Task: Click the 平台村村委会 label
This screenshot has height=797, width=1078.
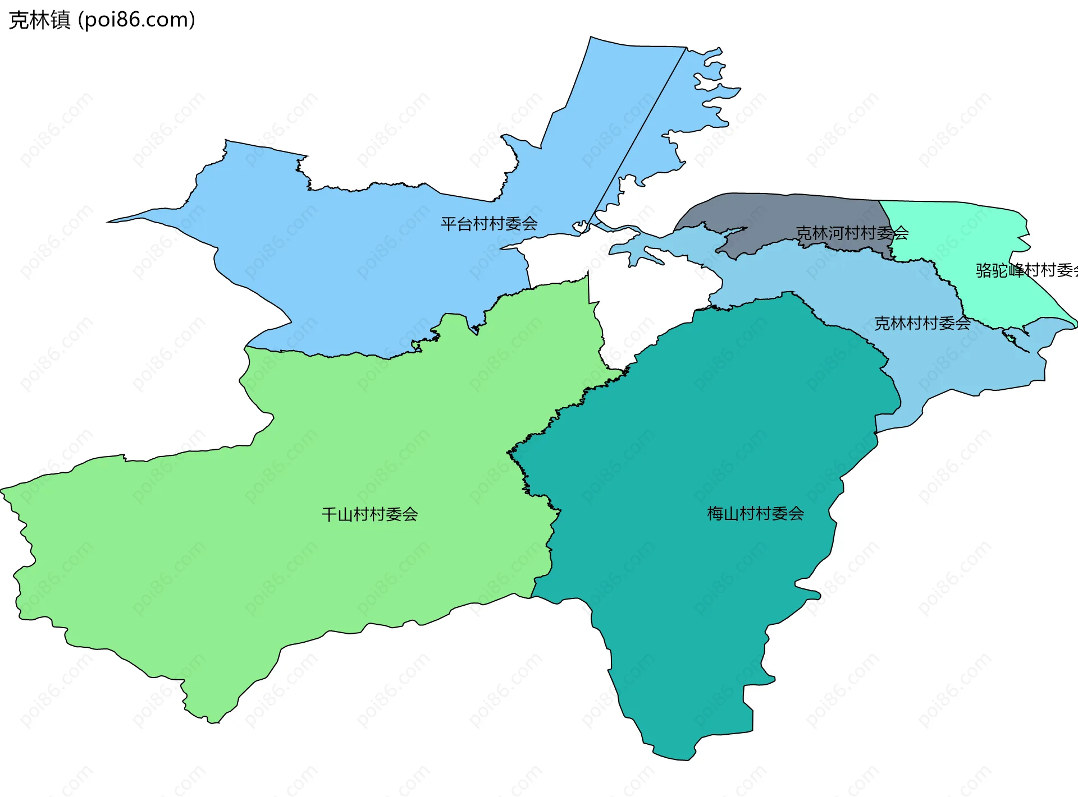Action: pyautogui.click(x=488, y=224)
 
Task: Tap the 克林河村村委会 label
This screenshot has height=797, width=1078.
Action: pyautogui.click(x=852, y=233)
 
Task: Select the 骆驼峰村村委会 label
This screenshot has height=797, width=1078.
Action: pyautogui.click(x=1025, y=270)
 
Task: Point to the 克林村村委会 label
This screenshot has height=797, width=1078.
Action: pyautogui.click(x=922, y=323)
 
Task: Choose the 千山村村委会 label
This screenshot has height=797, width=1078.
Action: pyautogui.click(x=369, y=514)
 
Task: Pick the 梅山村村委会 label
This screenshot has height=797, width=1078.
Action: pyautogui.click(x=755, y=513)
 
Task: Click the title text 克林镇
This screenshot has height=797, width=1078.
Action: pyautogui.click(x=39, y=20)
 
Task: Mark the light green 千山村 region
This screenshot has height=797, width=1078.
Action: pyautogui.click(x=281, y=533)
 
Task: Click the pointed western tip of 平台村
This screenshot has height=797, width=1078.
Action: pyautogui.click(x=109, y=222)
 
